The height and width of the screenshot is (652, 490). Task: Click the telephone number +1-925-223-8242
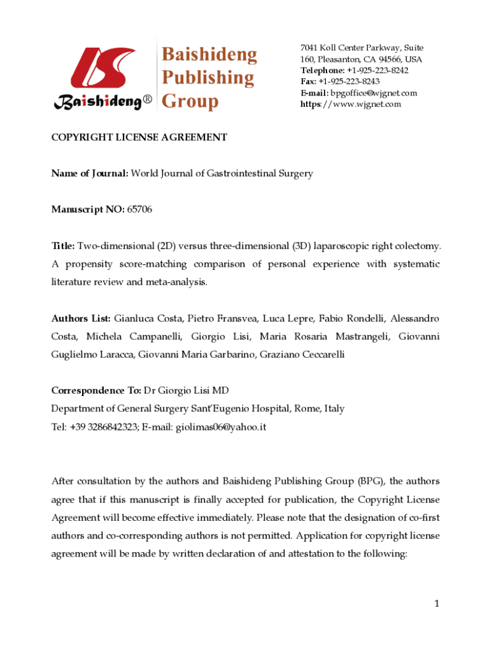coord(377,71)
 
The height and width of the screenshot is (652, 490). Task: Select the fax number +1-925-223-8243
coord(349,81)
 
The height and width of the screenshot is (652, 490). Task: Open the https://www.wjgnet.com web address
coord(351,104)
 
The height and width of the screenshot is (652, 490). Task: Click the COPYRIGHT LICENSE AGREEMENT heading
coord(139,137)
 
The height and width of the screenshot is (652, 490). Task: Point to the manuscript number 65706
coord(139,209)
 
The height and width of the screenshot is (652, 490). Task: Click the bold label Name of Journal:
coord(90,173)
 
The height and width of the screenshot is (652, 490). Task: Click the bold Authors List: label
coord(81,318)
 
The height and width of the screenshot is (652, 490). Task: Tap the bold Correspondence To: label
coord(96,391)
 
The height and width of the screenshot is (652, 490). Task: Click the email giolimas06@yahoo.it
coord(223,427)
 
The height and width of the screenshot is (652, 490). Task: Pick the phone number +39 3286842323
coord(106,427)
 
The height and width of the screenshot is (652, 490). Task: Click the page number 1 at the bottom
coord(437,604)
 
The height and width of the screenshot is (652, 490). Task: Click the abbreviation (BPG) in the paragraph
coord(370,481)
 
